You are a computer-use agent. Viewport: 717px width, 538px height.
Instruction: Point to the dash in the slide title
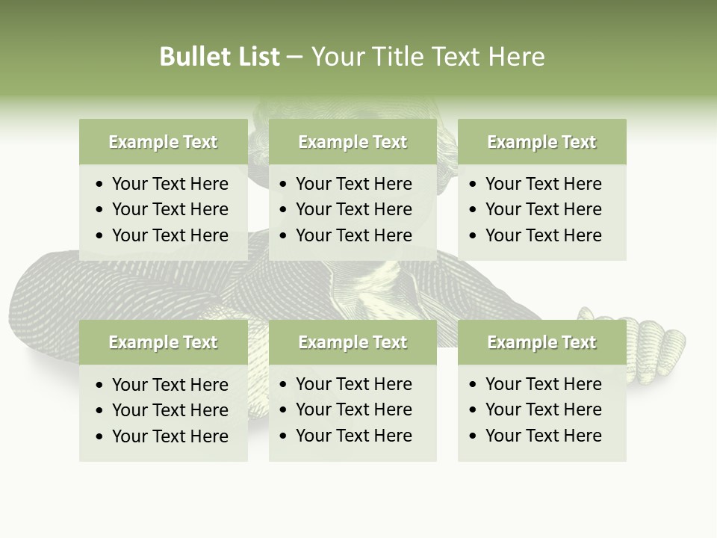(x=294, y=58)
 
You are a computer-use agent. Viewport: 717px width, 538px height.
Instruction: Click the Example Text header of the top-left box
(x=163, y=142)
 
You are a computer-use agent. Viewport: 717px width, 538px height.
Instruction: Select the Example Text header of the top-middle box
(x=353, y=142)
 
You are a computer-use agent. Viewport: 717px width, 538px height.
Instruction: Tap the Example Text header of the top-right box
(x=541, y=142)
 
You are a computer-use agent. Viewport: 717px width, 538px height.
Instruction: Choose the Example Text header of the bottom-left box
(x=163, y=342)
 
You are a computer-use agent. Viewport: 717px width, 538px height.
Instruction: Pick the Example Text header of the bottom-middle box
(x=353, y=342)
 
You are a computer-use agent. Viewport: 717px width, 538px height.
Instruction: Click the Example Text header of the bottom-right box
(x=541, y=342)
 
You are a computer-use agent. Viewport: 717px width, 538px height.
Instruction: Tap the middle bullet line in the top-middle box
(x=353, y=209)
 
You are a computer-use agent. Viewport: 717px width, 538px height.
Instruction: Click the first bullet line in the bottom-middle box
(x=353, y=384)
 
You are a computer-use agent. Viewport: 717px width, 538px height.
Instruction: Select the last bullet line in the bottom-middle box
(x=353, y=436)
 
